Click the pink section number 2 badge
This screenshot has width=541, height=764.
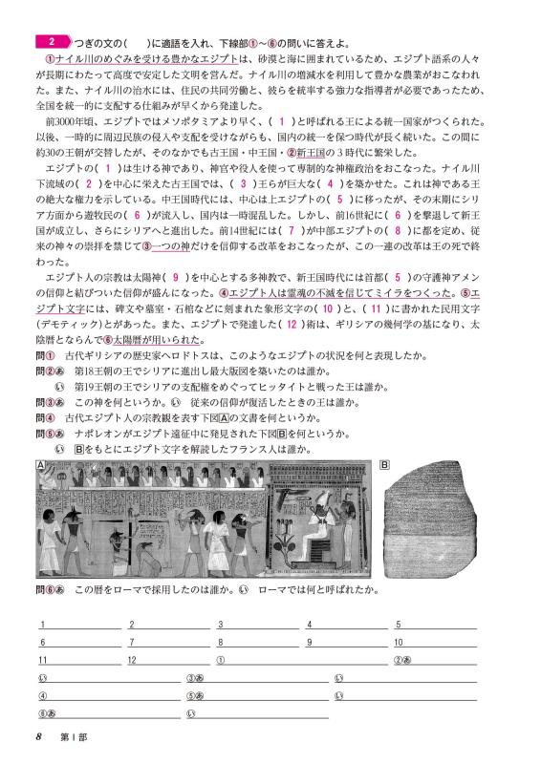coord(53,42)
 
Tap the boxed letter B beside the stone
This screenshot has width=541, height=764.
coord(384,465)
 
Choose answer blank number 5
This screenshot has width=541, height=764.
coord(435,626)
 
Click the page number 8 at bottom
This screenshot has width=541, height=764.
coord(37,736)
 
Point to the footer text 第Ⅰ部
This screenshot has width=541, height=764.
coord(73,736)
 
